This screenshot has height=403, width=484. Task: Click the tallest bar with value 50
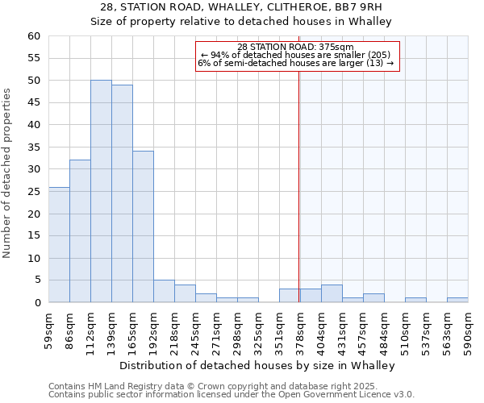(x=101, y=191)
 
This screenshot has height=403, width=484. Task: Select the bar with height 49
(x=122, y=193)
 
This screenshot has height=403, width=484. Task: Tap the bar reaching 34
(x=143, y=226)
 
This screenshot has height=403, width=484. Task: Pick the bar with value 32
(x=80, y=231)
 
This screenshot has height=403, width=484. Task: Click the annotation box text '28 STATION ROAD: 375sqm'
(x=295, y=47)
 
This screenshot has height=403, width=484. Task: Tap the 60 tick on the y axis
(x=33, y=36)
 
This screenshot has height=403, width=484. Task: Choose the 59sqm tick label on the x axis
(x=49, y=329)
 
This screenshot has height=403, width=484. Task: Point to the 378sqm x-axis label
(x=301, y=329)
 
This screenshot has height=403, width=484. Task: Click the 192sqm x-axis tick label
(x=154, y=329)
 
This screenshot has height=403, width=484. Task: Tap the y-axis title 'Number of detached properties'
(x=7, y=173)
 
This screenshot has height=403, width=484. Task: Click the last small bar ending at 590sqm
(x=457, y=300)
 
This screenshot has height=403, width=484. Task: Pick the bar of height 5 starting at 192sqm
(x=164, y=291)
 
